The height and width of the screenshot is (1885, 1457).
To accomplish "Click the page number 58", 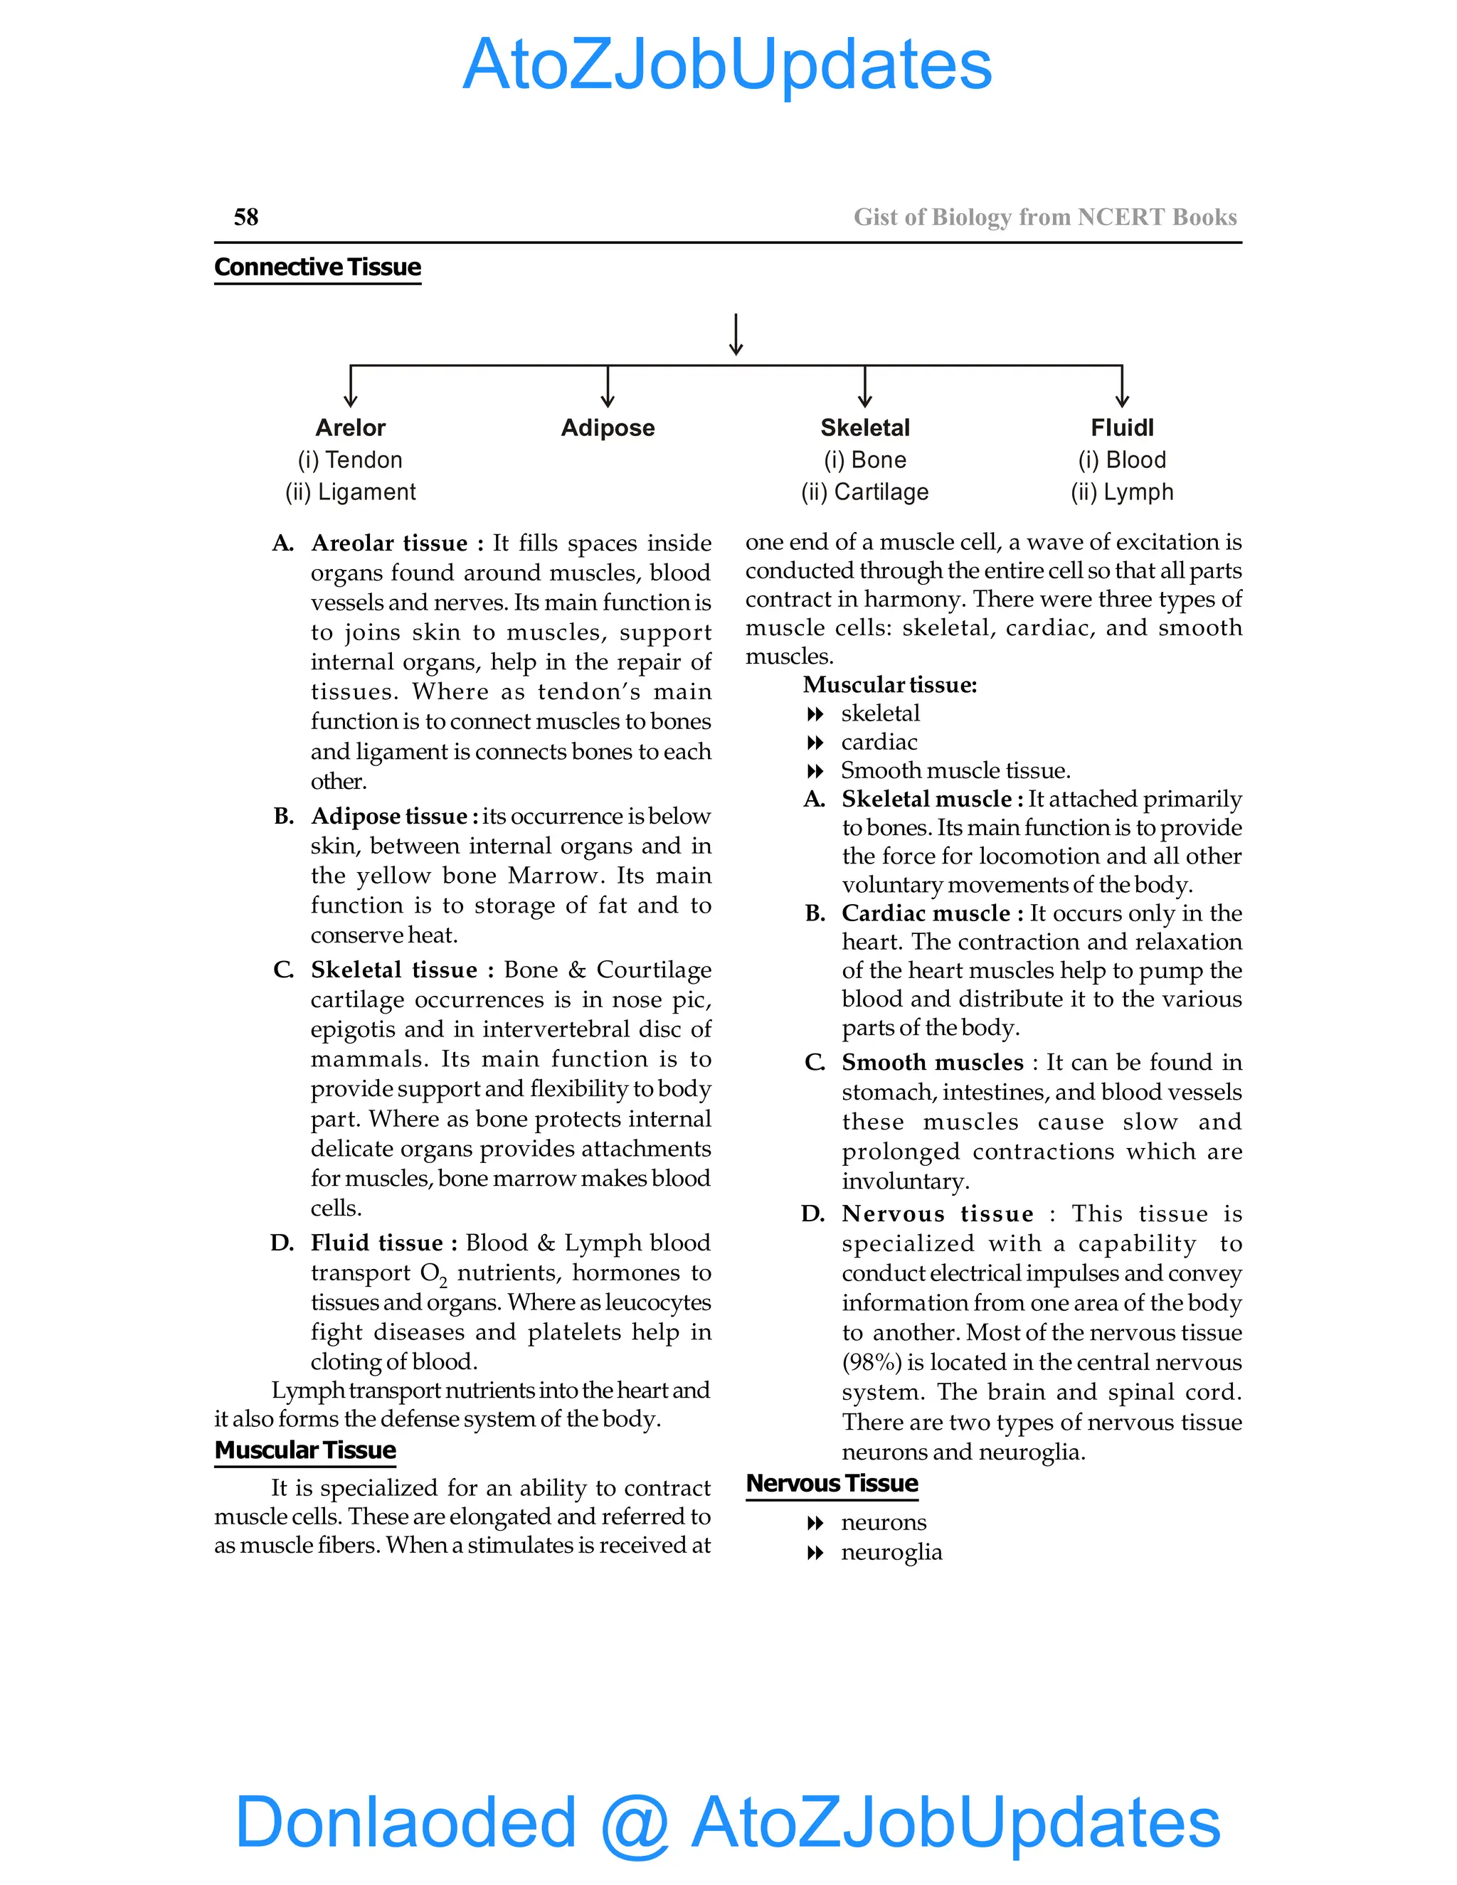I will tap(246, 217).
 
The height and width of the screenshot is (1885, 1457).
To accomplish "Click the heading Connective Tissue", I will tap(317, 267).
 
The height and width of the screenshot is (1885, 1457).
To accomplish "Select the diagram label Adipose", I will tap(608, 428).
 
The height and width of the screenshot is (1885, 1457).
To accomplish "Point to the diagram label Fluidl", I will tap(1121, 428).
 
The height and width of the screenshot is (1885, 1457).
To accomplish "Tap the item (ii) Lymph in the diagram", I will tap(1121, 492).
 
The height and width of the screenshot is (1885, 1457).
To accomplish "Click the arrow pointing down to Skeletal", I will tap(865, 387).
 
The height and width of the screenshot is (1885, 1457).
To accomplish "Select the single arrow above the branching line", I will tap(736, 334).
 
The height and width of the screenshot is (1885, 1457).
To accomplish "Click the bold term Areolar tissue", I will tap(389, 543).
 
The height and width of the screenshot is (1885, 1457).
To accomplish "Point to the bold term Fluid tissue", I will tap(377, 1243).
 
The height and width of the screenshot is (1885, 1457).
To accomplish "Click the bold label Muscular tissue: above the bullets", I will tap(890, 684).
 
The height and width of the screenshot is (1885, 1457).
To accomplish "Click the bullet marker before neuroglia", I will tap(815, 1554).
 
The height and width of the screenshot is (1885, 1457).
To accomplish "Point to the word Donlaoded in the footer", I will tap(406, 1821).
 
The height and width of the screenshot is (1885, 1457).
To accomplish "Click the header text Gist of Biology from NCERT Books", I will tap(1044, 217).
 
